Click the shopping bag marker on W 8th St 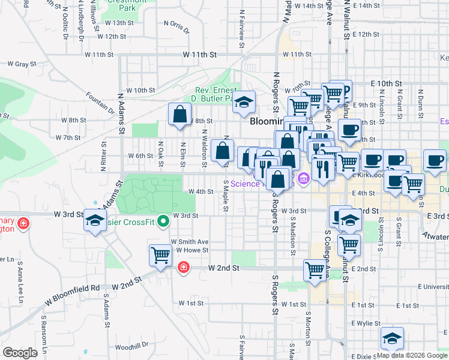[179, 114]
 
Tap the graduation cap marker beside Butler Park [244, 103]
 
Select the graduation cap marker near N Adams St [95, 221]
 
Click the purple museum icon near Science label [303, 178]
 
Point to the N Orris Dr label [176, 26]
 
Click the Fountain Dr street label [100, 102]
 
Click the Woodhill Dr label [131, 346]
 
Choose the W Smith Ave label [189, 242]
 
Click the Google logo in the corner [20, 353]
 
